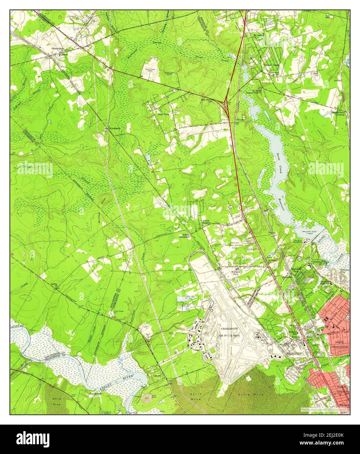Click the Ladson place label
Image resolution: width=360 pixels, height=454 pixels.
tap(64, 55)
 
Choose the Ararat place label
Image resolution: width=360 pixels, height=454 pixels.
tap(337, 80)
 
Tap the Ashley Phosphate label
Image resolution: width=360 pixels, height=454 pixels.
tap(186, 236)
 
